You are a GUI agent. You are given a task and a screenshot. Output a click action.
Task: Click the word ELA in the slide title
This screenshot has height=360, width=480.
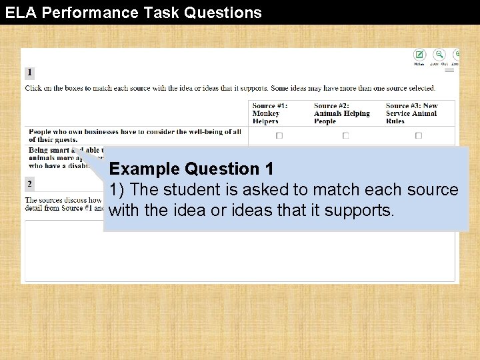point(18,12)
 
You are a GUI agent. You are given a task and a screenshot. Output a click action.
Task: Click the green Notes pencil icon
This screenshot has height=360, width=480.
point(419,55)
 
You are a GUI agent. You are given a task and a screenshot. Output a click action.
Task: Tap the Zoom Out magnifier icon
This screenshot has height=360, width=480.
point(439,55)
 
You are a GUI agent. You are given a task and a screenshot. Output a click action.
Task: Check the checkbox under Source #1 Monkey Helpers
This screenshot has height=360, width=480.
point(279,135)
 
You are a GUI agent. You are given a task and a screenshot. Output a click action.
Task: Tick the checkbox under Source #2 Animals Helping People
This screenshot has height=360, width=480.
point(345,135)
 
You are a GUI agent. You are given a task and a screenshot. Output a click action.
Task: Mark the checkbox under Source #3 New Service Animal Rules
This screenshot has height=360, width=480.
point(419,135)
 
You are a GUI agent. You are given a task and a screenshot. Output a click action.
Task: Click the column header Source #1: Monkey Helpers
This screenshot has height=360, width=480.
point(269,113)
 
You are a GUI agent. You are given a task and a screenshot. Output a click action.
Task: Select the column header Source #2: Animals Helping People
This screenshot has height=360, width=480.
point(341,113)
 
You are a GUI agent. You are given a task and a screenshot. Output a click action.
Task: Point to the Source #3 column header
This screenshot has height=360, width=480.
point(411,113)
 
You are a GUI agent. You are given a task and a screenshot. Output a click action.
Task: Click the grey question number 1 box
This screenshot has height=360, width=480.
point(29,73)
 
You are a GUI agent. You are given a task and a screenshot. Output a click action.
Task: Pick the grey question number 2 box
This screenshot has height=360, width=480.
point(29,183)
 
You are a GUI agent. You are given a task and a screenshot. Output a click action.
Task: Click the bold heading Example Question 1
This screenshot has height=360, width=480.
point(191,169)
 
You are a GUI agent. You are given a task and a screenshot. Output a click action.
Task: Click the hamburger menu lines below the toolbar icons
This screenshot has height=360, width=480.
point(450,69)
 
